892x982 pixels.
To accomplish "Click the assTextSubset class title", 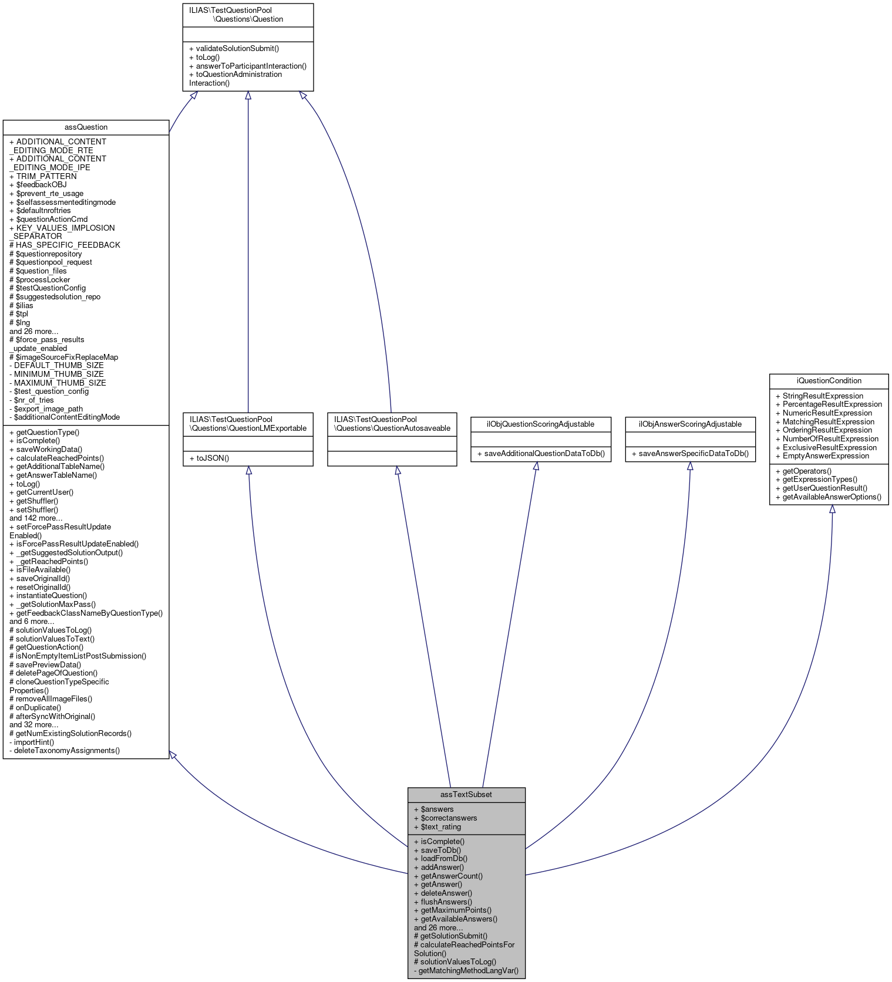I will [466, 795].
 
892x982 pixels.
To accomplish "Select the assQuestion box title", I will [86, 127].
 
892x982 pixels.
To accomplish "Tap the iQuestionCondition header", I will [829, 381].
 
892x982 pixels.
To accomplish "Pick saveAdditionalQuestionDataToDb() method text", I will [540, 454].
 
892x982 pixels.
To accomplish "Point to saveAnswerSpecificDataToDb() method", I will [690, 454].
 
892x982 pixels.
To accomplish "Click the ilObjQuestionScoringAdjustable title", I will [540, 424].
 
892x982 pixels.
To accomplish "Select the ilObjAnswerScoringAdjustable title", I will [690, 424].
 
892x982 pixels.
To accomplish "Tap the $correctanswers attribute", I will [445, 818].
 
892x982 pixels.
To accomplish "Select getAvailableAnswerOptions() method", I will [828, 497].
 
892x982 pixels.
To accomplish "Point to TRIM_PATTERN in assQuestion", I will [43, 176].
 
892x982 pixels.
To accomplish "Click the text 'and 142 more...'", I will [36, 518].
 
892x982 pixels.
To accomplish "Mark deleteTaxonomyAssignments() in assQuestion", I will [64, 751].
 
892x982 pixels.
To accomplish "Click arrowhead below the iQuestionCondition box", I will [832, 509].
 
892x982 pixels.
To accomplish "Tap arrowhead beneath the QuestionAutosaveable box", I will [398, 471].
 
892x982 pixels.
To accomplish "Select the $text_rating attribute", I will [437, 827].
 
